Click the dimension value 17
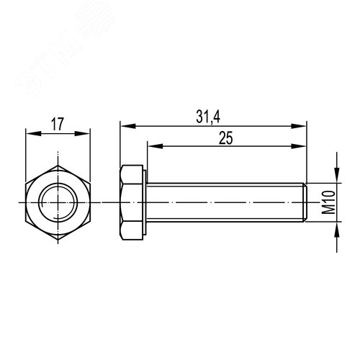tap(58, 123)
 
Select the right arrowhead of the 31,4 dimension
tap(304, 125)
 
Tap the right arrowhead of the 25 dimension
tap(304, 146)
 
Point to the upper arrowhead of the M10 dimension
tap(336, 177)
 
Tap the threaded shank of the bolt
tap(223, 202)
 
